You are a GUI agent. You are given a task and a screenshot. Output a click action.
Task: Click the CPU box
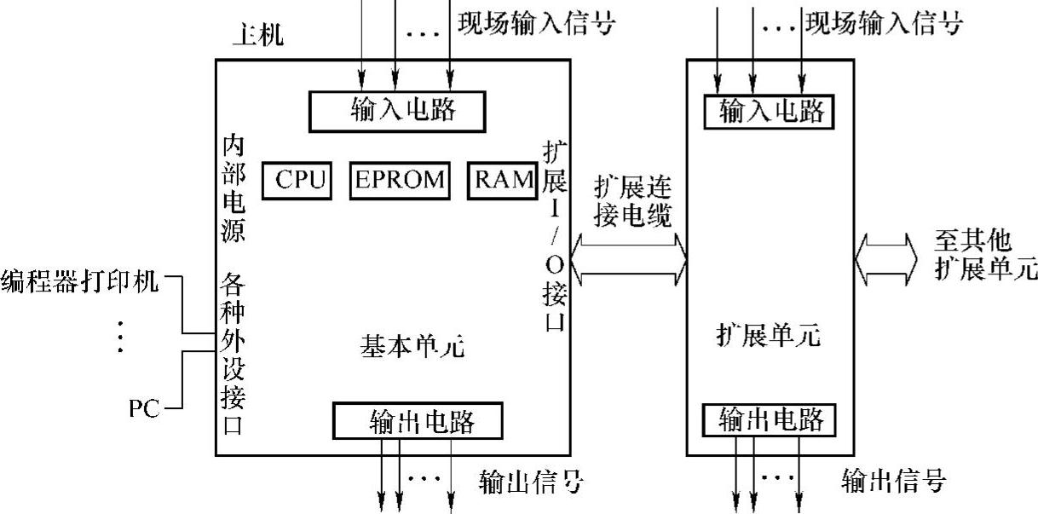click(x=296, y=180)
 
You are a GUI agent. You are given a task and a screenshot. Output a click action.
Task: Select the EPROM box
click(x=400, y=180)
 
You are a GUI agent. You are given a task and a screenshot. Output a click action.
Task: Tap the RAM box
click(x=499, y=180)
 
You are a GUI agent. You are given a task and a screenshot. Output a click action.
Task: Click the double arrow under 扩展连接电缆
click(x=630, y=258)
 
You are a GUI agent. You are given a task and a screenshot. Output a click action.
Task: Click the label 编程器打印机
click(x=80, y=280)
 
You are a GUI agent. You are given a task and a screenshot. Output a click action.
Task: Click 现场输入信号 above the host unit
click(x=535, y=23)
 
